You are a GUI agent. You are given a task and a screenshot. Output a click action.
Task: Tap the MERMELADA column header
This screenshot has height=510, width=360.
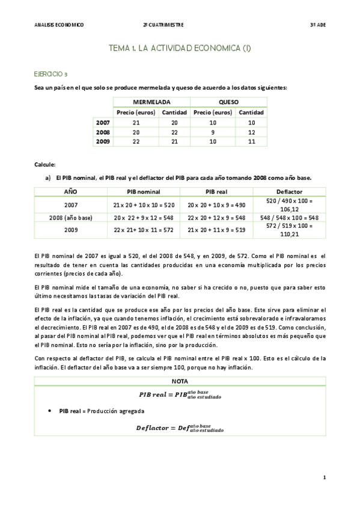[151, 102]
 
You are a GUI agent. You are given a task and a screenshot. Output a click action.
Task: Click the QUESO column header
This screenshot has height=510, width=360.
[228, 102]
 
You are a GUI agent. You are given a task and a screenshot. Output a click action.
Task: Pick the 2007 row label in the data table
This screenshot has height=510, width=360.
[103, 122]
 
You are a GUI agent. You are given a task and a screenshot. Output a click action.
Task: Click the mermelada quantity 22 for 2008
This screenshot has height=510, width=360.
[174, 132]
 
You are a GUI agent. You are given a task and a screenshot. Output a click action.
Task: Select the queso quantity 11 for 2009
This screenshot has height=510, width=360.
[251, 141]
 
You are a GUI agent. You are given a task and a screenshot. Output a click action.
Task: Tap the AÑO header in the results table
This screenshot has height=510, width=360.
[71, 191]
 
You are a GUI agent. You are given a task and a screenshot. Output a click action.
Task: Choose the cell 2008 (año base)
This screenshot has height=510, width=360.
[71, 217]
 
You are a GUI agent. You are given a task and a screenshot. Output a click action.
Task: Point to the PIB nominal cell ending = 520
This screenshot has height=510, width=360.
[144, 204]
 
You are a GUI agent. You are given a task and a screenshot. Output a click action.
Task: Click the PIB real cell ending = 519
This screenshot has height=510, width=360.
[216, 230]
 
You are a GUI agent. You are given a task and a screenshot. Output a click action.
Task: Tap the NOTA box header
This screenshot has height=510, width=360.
[180, 381]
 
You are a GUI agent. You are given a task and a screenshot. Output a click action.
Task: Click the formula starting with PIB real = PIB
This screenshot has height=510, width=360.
[180, 395]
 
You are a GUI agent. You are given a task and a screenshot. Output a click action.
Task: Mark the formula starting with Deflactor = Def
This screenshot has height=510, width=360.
[180, 428]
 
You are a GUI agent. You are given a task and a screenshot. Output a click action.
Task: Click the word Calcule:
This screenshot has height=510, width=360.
[46, 164]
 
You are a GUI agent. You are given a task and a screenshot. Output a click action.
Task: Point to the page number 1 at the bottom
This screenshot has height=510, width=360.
[324, 478]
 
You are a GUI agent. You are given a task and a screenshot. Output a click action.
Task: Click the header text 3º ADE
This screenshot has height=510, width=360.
[317, 25]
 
